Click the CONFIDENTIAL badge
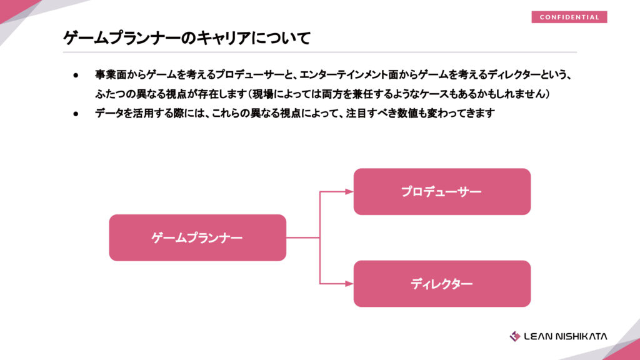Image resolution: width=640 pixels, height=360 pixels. pyautogui.click(x=569, y=17)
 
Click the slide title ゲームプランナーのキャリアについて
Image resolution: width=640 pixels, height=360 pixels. pyautogui.click(x=187, y=38)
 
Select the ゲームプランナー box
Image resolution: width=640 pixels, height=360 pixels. pyautogui.click(x=197, y=237)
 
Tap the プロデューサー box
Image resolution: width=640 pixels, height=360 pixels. pyautogui.click(x=442, y=191)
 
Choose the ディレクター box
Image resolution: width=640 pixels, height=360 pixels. pyautogui.click(x=442, y=284)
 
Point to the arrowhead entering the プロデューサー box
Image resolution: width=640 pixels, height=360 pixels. pyautogui.click(x=349, y=191)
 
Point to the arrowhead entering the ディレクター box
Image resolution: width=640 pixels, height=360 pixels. pyautogui.click(x=349, y=284)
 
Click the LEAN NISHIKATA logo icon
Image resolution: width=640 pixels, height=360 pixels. pyautogui.click(x=515, y=336)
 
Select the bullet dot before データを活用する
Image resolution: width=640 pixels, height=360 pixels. pyautogui.click(x=76, y=114)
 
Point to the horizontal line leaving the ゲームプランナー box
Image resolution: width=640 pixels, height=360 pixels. pyautogui.click(x=302, y=237)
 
